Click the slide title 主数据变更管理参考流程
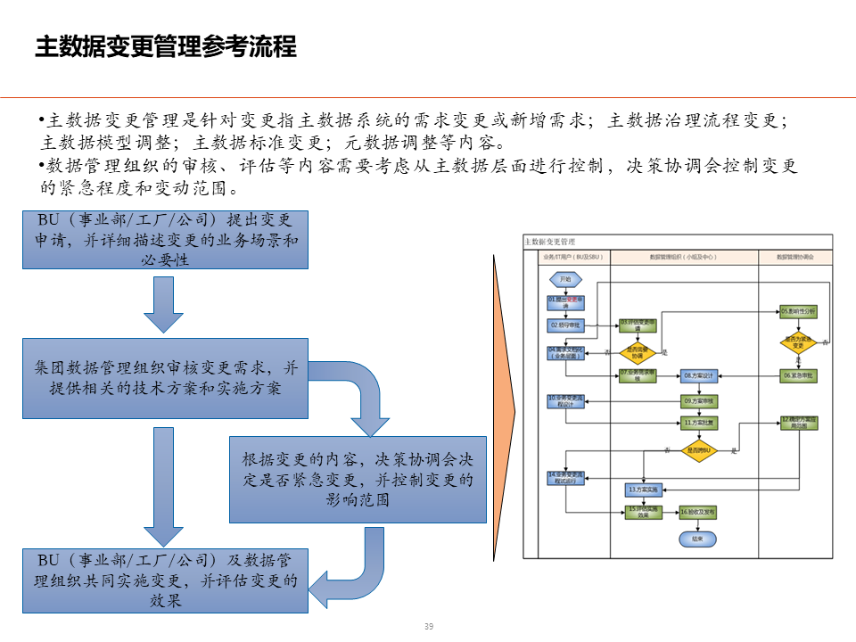[x=165, y=46]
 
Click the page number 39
[x=428, y=627]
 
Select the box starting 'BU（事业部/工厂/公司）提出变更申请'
[x=166, y=240]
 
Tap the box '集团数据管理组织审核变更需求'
[x=166, y=378]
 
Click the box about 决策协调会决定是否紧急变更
[x=358, y=479]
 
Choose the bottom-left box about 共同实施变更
[x=166, y=580]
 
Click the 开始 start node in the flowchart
[x=565, y=279]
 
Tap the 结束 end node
[x=697, y=539]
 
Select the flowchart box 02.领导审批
[x=565, y=325]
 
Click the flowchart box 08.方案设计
[x=699, y=375]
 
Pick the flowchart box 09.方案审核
[x=699, y=400]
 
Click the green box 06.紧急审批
[x=798, y=375]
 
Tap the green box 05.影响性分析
[x=798, y=311]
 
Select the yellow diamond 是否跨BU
[x=699, y=451]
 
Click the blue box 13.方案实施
[x=643, y=490]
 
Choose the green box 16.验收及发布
[x=698, y=512]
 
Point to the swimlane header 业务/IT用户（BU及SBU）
[x=572, y=257]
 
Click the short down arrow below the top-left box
[x=166, y=302]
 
